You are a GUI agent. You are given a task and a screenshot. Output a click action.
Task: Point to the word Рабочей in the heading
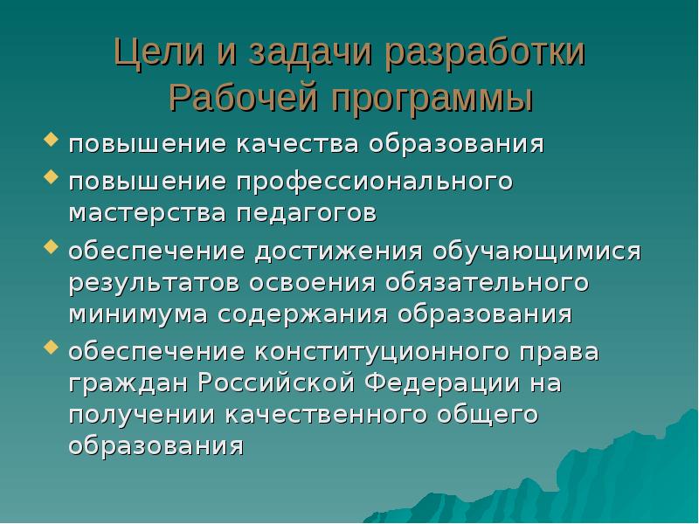click(x=237, y=95)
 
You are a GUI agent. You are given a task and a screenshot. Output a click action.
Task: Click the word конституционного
click(x=414, y=353)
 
